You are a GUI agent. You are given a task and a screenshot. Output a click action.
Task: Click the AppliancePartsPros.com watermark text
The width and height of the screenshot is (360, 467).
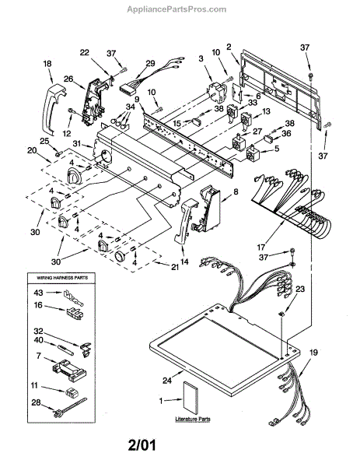(177, 9)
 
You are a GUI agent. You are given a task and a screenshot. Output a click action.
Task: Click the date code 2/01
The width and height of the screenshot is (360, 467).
(142, 446)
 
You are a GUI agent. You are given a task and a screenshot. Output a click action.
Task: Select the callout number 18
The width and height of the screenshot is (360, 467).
(47, 64)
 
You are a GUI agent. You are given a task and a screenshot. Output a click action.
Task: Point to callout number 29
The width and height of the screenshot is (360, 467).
(151, 63)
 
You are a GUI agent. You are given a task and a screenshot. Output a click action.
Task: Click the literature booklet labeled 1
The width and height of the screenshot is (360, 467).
(190, 397)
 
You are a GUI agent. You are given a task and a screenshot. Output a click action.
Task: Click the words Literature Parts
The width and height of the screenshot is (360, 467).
(193, 419)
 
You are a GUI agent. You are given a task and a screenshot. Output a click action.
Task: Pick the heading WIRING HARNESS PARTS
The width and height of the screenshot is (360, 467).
(62, 278)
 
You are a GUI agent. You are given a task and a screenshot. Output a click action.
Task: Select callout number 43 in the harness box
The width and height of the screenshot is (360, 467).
(38, 293)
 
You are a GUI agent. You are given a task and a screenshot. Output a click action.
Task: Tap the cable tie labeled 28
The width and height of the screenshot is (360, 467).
(70, 407)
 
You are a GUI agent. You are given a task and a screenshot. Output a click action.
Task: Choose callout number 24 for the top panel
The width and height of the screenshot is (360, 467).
(167, 381)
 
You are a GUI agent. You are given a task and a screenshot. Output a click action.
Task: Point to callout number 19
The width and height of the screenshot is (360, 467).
(313, 353)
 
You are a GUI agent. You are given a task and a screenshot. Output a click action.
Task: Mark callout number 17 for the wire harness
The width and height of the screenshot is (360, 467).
(261, 248)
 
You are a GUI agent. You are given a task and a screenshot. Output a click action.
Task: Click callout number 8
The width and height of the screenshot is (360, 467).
(236, 192)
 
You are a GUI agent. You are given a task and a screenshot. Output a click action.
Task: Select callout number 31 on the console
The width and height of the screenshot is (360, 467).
(77, 143)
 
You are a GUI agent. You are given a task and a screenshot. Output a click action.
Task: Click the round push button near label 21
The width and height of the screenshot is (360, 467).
(121, 256)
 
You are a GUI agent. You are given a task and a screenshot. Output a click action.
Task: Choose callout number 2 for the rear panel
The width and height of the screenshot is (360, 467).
(229, 47)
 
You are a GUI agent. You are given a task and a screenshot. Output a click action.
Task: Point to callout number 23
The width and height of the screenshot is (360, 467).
(300, 289)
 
